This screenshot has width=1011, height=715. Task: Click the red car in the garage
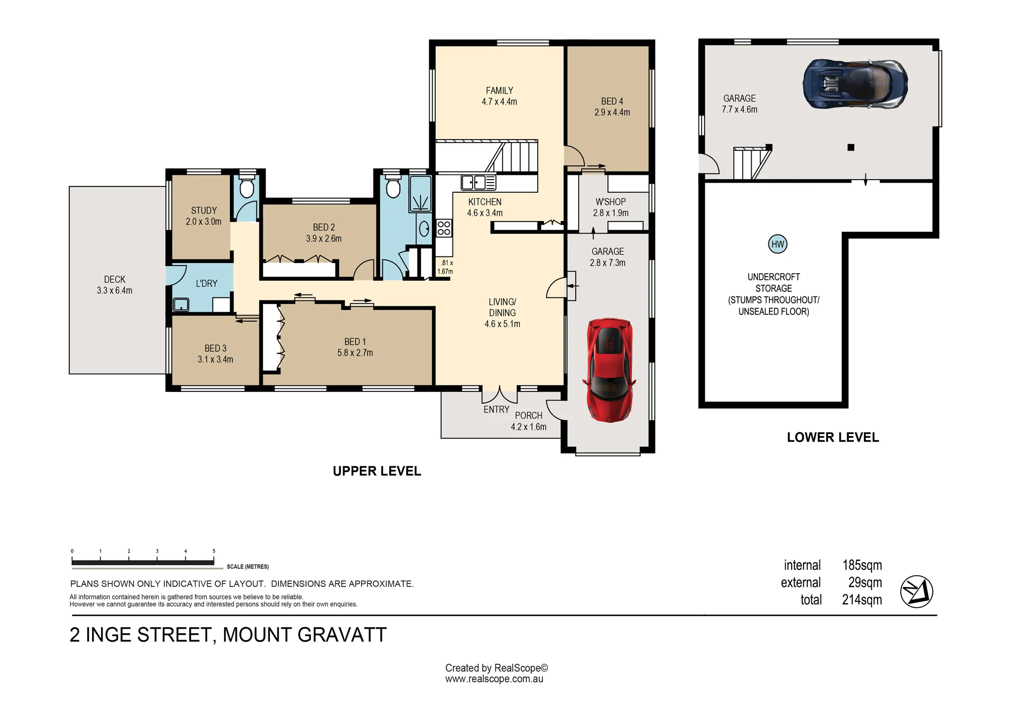coord(609,370)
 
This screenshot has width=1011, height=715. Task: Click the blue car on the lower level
coord(855,84)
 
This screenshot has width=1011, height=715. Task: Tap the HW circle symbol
coord(777,244)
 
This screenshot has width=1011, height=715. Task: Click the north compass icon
coord(916,592)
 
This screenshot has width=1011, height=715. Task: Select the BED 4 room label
coord(612,101)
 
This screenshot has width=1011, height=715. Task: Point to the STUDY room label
coord(204,210)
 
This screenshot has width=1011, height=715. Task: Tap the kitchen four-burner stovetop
coord(444,228)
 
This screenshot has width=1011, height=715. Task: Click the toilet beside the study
coord(247,187)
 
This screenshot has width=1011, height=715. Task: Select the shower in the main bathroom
coord(420,194)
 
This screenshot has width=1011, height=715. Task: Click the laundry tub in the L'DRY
coord(181,305)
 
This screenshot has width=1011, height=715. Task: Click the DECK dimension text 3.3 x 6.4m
coord(115,291)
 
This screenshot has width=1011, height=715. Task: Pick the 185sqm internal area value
coord(862,565)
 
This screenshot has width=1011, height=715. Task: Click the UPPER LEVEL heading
coord(377,471)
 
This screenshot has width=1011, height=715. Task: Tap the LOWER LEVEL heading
coord(833,437)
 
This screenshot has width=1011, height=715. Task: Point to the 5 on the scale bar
coord(214,551)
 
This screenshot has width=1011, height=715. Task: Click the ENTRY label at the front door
coord(496,410)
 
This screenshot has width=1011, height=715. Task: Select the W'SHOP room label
coord(611,202)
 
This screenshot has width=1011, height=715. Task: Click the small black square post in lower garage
coord(851,148)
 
